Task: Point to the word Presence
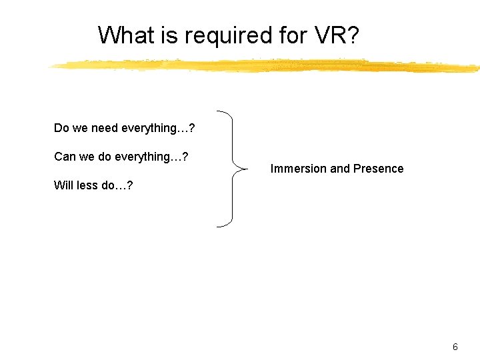378,169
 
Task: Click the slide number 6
455,347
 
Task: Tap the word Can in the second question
65,157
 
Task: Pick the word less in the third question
87,185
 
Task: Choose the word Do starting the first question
61,127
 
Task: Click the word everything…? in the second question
151,157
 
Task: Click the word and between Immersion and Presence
340,169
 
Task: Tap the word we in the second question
87,157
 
